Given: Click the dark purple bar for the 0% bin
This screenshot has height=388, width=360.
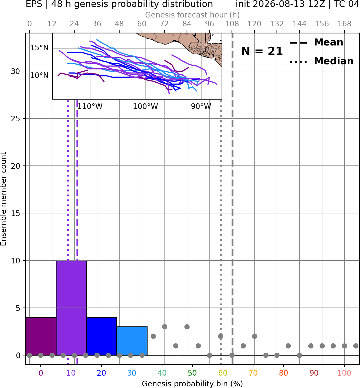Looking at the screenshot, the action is [x=41, y=336].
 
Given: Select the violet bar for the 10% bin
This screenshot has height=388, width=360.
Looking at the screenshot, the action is [x=71, y=308].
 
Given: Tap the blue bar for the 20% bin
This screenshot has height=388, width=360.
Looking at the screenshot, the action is [x=102, y=336].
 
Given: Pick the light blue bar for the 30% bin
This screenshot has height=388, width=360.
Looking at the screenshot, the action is [x=132, y=341].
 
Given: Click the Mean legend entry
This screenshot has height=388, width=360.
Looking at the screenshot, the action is [x=316, y=43].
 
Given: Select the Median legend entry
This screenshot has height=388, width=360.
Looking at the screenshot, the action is [x=321, y=61].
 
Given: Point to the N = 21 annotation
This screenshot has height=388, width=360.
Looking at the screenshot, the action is [x=262, y=51].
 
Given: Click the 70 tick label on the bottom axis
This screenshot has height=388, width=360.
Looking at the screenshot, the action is [x=253, y=373].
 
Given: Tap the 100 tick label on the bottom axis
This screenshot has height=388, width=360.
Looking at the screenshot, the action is [x=344, y=373].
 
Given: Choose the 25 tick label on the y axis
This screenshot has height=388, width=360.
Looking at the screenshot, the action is [x=15, y=119].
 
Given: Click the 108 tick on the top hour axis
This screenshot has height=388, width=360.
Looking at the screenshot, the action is [x=232, y=24].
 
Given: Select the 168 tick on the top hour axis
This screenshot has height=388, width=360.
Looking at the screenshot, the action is [x=345, y=24].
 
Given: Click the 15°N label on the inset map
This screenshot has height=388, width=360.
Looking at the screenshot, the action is [x=39, y=48].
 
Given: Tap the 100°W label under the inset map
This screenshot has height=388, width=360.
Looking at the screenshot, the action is [x=145, y=107].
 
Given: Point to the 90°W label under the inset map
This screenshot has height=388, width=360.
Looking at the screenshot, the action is [x=201, y=107].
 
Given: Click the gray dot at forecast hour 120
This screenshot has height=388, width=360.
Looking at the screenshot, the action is [x=254, y=336].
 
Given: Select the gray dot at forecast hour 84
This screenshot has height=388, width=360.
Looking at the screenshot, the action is [x=187, y=327].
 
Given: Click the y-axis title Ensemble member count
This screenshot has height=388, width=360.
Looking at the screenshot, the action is [x=4, y=199].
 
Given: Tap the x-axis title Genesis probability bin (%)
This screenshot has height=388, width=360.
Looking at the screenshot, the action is [x=193, y=384].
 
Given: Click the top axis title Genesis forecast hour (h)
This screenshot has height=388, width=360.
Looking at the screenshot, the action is [x=193, y=15].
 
